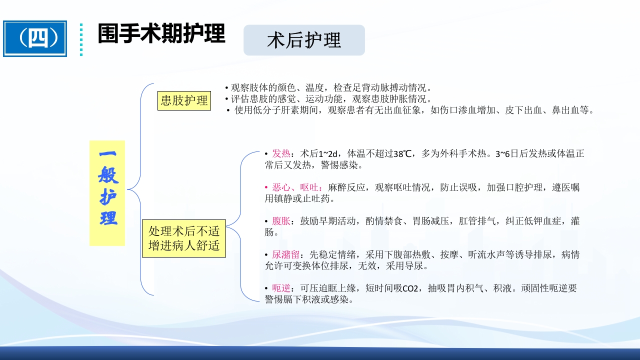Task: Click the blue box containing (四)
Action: (x=35, y=38)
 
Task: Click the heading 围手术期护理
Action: (x=161, y=33)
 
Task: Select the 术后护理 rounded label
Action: (x=304, y=40)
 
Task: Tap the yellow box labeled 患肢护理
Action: (x=183, y=100)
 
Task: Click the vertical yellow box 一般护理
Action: (x=107, y=193)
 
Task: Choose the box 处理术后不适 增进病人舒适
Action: (x=184, y=238)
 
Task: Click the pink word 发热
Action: (x=281, y=153)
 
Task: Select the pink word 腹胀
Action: (x=281, y=221)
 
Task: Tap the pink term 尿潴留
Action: (x=285, y=255)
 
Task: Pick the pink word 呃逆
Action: (x=281, y=288)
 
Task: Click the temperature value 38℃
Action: (x=403, y=153)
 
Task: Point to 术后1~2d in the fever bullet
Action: (x=319, y=153)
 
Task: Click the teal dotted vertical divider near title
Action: (x=81, y=39)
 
